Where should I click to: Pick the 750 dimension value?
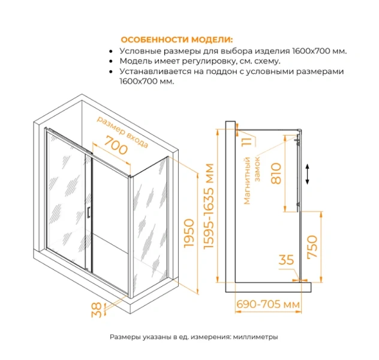311,246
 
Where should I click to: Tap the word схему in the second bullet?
266,61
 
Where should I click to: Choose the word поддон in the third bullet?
219,72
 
